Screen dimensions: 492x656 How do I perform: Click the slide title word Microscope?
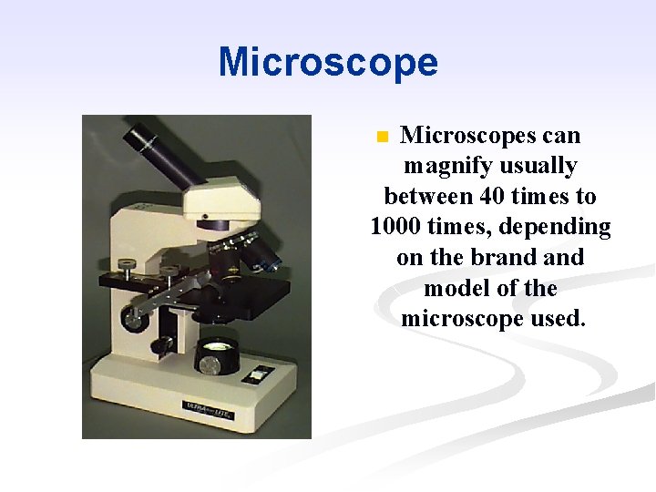[328, 63]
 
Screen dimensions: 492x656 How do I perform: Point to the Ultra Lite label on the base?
[210, 409]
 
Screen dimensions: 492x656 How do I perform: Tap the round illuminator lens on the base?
[219, 347]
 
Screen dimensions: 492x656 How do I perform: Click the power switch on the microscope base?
[261, 373]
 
